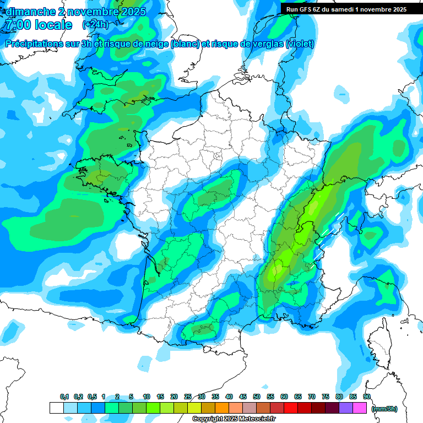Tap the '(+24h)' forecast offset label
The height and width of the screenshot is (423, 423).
(95, 25)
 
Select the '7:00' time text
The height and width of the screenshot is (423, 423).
(17, 25)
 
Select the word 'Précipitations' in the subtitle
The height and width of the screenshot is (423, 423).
(34, 44)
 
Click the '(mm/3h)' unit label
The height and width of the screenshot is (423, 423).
(384, 409)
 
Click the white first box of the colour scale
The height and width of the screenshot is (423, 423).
(56, 408)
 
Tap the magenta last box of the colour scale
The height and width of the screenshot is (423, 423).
(360, 408)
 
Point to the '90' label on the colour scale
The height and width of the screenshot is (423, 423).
(366, 397)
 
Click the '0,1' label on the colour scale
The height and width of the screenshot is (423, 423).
(64, 397)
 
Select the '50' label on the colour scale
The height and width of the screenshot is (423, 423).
(257, 397)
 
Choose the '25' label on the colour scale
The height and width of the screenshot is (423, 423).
(188, 397)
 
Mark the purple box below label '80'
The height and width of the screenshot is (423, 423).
(346, 408)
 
